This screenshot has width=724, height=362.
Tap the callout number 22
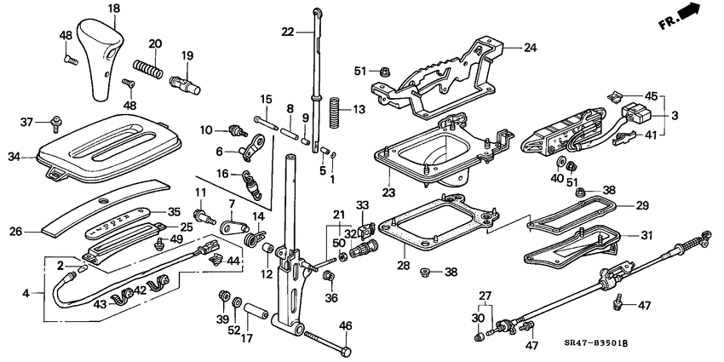pyautogui.click(x=287, y=32)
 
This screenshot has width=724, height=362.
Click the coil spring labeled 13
pyautogui.click(x=334, y=109)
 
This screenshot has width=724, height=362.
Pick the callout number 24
pyautogui.click(x=531, y=48)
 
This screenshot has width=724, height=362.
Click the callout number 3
pyautogui.click(x=675, y=114)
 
